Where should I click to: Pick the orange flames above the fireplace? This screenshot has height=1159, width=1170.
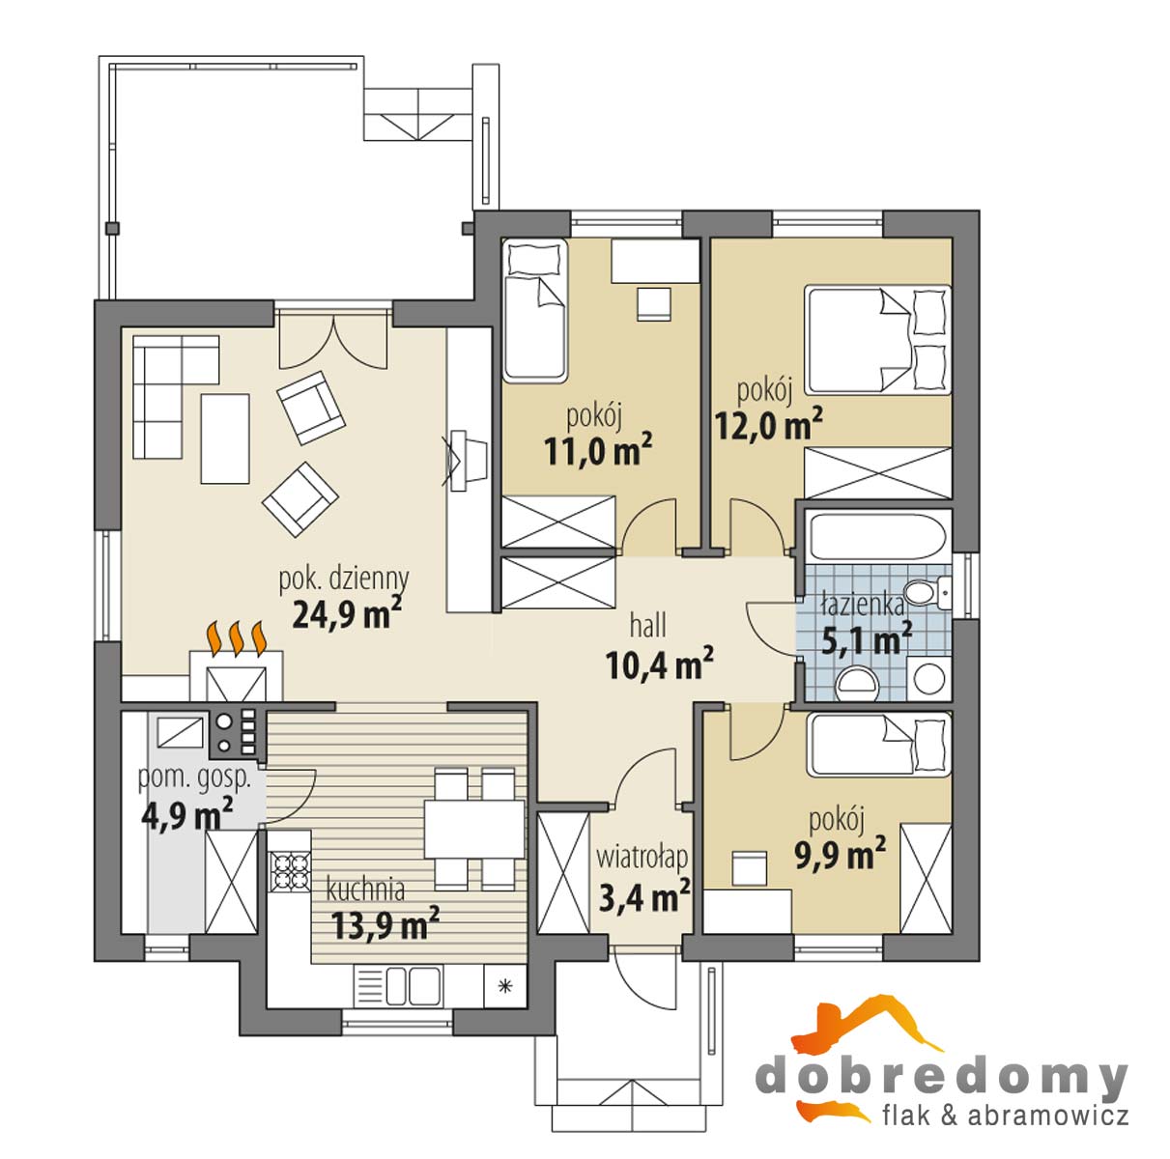point(237,638)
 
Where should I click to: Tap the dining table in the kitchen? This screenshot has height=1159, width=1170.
point(474,829)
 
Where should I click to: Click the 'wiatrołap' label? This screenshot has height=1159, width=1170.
point(642,858)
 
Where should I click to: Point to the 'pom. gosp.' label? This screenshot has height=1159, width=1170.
point(194,779)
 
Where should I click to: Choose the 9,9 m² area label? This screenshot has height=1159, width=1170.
point(840,856)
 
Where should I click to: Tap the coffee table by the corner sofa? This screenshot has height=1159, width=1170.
point(225,438)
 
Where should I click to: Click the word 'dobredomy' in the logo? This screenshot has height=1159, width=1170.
point(942,1077)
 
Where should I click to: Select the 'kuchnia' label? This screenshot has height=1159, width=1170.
point(365,890)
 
